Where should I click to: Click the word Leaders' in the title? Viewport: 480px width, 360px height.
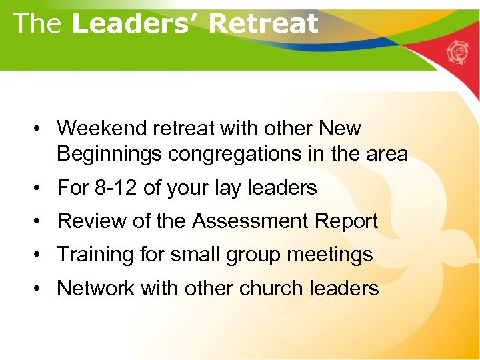tap(136, 23)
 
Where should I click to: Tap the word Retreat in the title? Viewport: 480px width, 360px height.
tap(263, 23)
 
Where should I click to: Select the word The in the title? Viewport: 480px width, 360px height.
tap(37, 23)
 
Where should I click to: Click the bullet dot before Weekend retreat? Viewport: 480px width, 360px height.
tap(41, 129)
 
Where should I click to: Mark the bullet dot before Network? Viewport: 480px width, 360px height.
tap(41, 289)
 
